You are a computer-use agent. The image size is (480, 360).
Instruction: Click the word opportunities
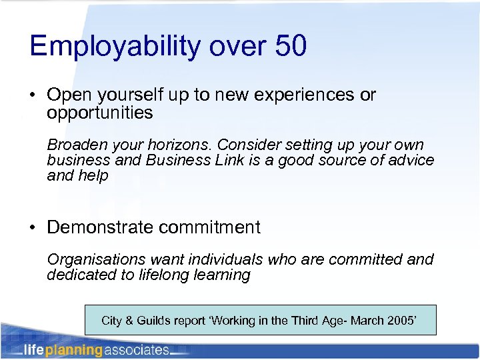click(x=100, y=113)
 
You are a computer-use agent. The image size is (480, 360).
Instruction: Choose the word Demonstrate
click(x=101, y=227)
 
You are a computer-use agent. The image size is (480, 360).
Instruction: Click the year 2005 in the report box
click(x=401, y=321)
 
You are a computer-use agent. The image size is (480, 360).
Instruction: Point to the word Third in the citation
click(x=297, y=321)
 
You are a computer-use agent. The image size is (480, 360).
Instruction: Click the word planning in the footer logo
click(x=73, y=350)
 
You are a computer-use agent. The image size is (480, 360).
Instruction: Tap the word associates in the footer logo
click(x=136, y=350)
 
